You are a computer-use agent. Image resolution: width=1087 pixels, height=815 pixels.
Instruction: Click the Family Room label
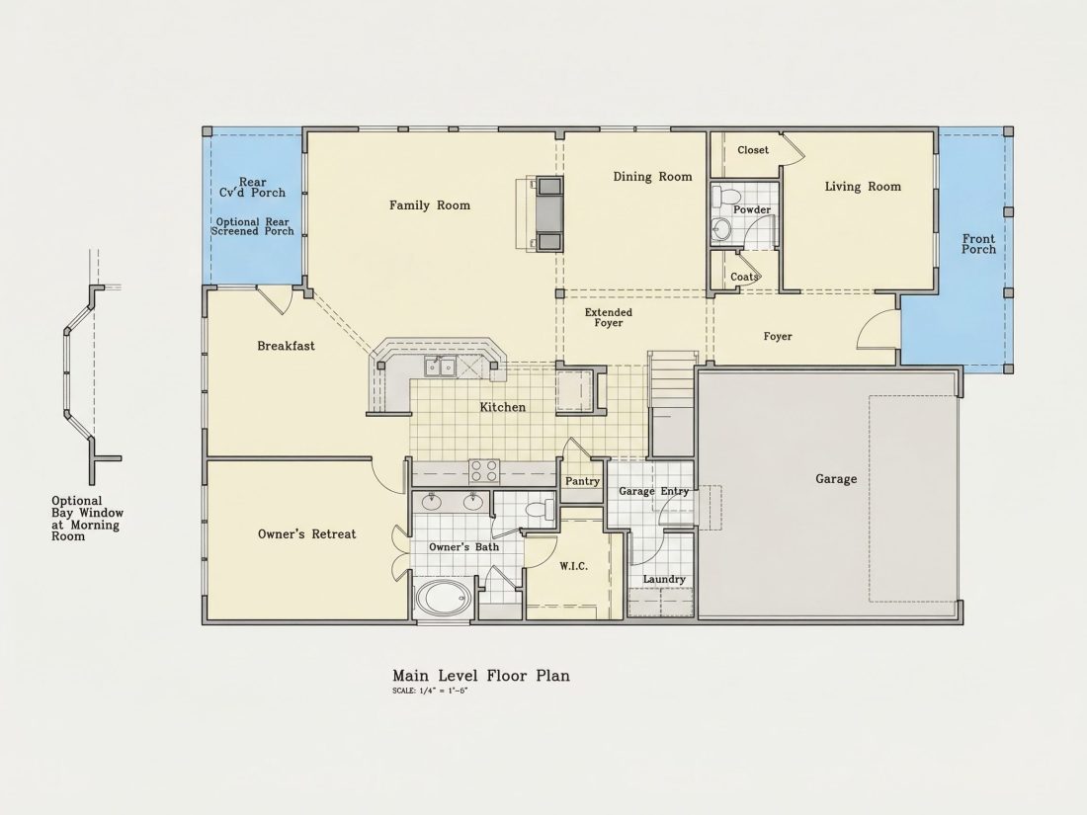(x=429, y=205)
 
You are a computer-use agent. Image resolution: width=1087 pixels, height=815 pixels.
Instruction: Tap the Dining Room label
(x=652, y=177)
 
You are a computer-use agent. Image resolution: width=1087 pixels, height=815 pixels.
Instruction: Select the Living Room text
(x=863, y=187)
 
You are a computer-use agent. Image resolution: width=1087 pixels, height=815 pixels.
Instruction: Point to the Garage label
(x=835, y=479)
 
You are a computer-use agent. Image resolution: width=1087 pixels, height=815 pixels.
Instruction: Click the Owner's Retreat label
(x=306, y=533)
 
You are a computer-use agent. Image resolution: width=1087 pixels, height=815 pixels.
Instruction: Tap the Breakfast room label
(x=286, y=346)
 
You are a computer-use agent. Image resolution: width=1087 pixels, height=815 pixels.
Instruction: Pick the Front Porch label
(x=978, y=244)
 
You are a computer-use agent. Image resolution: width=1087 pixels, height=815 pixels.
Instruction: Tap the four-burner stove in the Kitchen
(x=484, y=471)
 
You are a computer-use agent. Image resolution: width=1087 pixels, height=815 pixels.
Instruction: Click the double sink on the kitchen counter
(x=440, y=366)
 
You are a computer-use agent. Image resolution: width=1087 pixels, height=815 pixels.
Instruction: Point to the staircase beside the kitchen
(x=671, y=405)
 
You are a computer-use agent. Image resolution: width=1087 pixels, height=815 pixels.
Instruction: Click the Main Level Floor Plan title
(x=481, y=676)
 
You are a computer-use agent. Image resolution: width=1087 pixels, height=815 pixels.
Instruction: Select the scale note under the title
(x=430, y=691)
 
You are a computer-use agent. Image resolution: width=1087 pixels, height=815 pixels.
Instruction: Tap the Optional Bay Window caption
(x=87, y=519)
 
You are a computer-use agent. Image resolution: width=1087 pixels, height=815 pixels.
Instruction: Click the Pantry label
(x=582, y=481)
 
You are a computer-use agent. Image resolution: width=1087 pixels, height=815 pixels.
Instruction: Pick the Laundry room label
(x=663, y=579)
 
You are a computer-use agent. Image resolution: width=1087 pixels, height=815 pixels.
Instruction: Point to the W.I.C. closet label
(x=573, y=566)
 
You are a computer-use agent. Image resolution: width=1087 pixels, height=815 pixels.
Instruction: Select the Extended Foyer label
(x=608, y=317)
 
